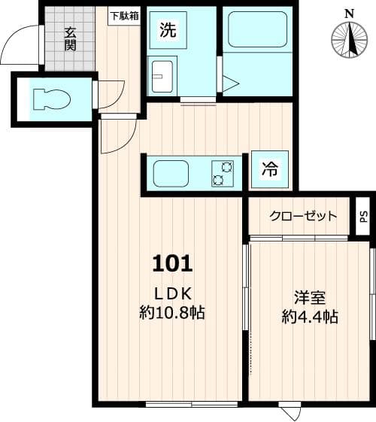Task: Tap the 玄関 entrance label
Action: [x=70, y=38]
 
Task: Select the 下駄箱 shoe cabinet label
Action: [x=125, y=15]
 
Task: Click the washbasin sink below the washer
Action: [x=162, y=74]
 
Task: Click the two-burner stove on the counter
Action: [x=223, y=174]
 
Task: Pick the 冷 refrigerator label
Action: [x=268, y=171]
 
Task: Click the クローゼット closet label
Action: [x=304, y=216]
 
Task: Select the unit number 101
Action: [x=173, y=263]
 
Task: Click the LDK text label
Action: [x=174, y=293]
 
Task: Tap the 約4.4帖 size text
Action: [x=309, y=317]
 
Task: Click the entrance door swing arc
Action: [x=21, y=45]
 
